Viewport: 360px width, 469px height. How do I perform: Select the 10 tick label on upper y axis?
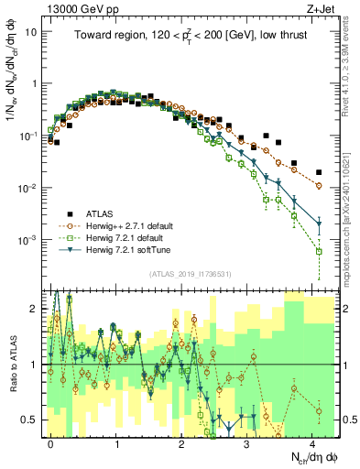(30, 31)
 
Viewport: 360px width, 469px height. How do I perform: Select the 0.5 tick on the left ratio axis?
(31, 420)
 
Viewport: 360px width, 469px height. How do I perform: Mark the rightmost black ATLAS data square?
(319, 172)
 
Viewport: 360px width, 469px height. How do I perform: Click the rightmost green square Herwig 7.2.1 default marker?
(319, 250)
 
